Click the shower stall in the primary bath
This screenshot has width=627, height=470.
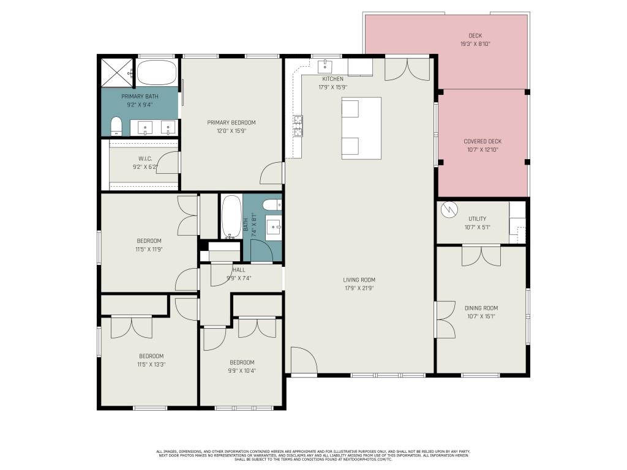116,72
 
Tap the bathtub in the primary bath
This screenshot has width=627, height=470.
156,73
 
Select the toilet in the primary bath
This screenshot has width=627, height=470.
116,127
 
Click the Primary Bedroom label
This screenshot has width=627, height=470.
231,122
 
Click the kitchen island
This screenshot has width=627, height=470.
361,128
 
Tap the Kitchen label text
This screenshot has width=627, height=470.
332,79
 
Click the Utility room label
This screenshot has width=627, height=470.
477,218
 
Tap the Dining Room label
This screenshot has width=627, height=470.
481,308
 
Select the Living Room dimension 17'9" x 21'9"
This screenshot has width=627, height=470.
359,288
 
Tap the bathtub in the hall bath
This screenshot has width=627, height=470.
231,217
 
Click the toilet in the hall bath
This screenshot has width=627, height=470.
270,205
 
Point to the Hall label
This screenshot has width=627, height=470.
238,269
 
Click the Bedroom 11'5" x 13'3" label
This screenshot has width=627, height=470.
151,356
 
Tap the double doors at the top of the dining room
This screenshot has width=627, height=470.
481,255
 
